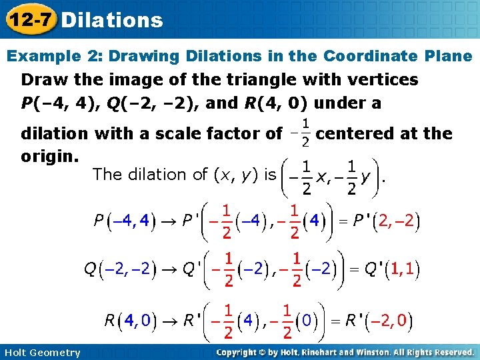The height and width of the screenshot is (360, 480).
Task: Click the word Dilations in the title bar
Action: coord(111,20)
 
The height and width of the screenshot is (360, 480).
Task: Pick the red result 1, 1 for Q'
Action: coord(404,269)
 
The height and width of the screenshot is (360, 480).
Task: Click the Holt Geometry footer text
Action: coord(41,353)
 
